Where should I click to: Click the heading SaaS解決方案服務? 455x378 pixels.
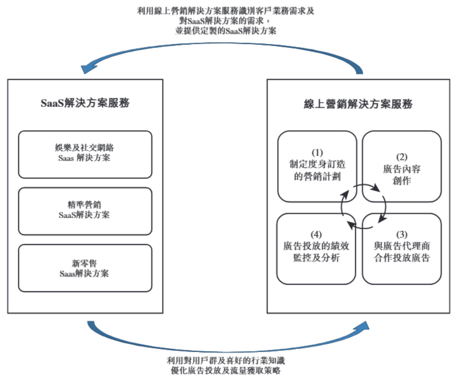coord(85,103)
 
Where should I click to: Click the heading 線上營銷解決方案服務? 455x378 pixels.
coord(358,104)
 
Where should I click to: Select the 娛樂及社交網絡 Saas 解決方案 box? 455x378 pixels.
coord(85,154)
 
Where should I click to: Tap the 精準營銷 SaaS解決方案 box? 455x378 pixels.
coord(85,211)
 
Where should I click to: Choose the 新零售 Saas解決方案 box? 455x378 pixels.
coord(85,268)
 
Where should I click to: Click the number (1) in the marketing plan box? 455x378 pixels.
coord(317,152)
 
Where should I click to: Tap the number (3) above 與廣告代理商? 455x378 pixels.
coord(402,234)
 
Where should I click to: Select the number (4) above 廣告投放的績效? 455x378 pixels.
coord(316,234)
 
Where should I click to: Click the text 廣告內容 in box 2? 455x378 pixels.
coord(402,169)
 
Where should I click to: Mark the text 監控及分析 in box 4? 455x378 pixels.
coord(316,258)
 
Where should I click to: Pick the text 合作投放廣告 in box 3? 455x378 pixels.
coord(402,258)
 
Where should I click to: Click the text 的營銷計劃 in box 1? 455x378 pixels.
coord(317,176)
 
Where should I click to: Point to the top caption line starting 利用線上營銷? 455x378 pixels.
coord(225,11)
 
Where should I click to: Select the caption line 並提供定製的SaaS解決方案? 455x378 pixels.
coord(225,31)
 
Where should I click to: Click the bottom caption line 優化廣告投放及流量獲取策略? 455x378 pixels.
coord(225,370)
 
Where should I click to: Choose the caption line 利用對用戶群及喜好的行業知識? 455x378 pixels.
coord(225,360)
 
